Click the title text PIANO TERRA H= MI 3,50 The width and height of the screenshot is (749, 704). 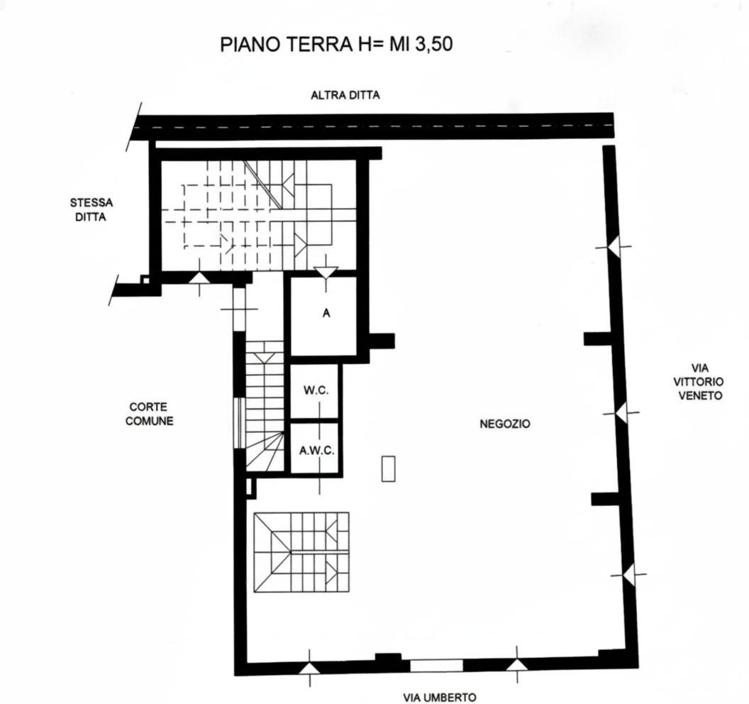(x=336, y=44)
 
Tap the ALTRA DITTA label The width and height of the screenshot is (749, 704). (x=345, y=95)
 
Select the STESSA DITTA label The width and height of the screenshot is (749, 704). (x=91, y=210)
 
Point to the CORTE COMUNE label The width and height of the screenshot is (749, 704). (x=149, y=414)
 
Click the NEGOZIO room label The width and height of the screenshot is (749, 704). (x=505, y=424)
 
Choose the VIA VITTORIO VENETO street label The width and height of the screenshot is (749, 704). (x=699, y=382)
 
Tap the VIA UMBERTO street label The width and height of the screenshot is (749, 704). (x=440, y=698)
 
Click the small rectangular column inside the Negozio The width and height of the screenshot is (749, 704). (x=389, y=468)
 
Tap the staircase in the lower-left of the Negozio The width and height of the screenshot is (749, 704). (x=301, y=553)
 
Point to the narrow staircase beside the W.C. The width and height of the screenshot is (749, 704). (x=265, y=406)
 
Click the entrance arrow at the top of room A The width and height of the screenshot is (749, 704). (x=326, y=273)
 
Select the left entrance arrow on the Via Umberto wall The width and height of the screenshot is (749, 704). (x=309, y=668)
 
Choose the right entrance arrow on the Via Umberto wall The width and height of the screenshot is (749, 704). (x=517, y=664)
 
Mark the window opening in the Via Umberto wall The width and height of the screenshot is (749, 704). (x=437, y=665)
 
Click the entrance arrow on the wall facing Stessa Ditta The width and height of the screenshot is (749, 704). (x=200, y=278)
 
